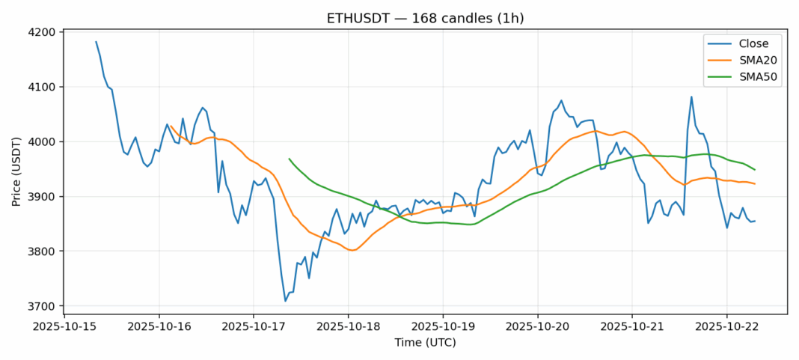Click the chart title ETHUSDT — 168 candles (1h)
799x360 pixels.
[x=425, y=18]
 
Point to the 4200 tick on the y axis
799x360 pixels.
[x=43, y=32]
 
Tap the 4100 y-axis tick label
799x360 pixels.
[x=43, y=87]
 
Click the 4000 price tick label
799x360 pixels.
[x=43, y=141]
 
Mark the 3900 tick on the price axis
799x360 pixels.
[x=43, y=196]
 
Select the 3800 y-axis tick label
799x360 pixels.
[x=43, y=251]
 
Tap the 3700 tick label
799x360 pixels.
[x=43, y=306]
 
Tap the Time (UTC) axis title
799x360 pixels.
[x=425, y=343]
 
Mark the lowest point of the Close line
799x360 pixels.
[x=285, y=301]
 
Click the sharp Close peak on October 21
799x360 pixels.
[x=691, y=97]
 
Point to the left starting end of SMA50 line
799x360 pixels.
[x=289, y=159]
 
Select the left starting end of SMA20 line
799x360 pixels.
[x=171, y=126]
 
